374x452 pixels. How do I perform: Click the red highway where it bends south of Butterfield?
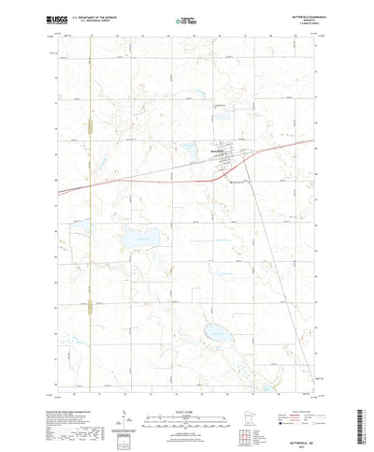coord(234,172)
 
